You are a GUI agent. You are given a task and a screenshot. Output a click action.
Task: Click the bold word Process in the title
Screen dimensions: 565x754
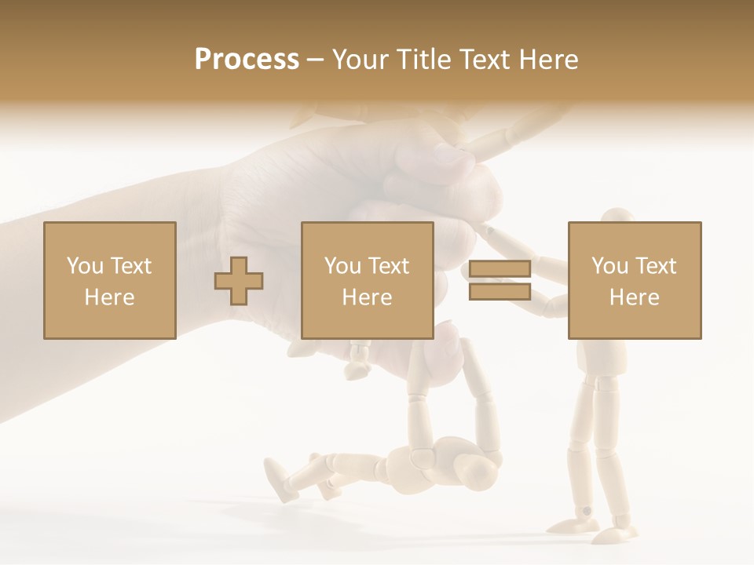pyautogui.click(x=247, y=60)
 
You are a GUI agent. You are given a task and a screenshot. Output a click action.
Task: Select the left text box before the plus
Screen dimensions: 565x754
pyautogui.click(x=109, y=280)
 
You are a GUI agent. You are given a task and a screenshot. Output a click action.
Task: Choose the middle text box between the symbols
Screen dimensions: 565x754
pyautogui.click(x=367, y=280)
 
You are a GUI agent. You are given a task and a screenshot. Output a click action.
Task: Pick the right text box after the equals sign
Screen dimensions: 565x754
pyautogui.click(x=634, y=280)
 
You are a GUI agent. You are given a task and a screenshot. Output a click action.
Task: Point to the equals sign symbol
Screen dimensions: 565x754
pyautogui.click(x=500, y=280)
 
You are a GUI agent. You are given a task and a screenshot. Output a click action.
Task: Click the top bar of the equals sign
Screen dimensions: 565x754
pyautogui.click(x=500, y=269)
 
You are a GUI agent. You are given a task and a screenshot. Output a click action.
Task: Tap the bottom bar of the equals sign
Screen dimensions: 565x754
pyautogui.click(x=500, y=291)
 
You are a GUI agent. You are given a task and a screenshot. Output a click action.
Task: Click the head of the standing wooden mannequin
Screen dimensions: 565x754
pyautogui.click(x=618, y=220)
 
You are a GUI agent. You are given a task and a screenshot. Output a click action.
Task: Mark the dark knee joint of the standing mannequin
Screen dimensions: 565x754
pyautogui.click(x=586, y=511)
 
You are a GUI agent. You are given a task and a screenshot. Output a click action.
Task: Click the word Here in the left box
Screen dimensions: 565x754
pyautogui.click(x=109, y=297)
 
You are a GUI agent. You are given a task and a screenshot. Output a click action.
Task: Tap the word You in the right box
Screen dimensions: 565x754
pyautogui.click(x=609, y=266)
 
